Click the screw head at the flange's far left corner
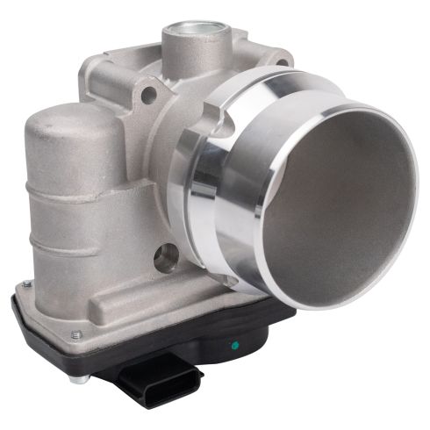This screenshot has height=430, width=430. click(27, 283)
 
